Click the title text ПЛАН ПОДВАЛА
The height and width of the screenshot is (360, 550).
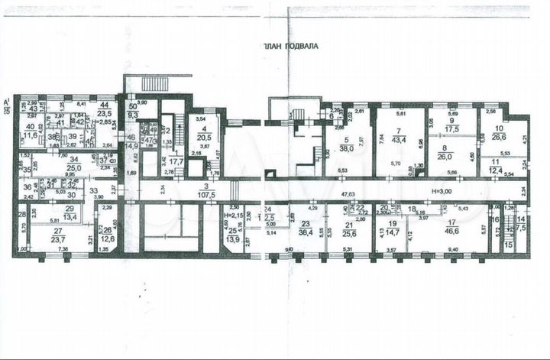290,46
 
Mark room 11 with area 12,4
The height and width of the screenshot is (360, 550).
496,164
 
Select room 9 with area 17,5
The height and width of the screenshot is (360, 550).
451,125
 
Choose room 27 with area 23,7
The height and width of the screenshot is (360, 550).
57,234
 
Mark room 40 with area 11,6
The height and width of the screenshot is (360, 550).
30,131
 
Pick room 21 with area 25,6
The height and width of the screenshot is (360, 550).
351,229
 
